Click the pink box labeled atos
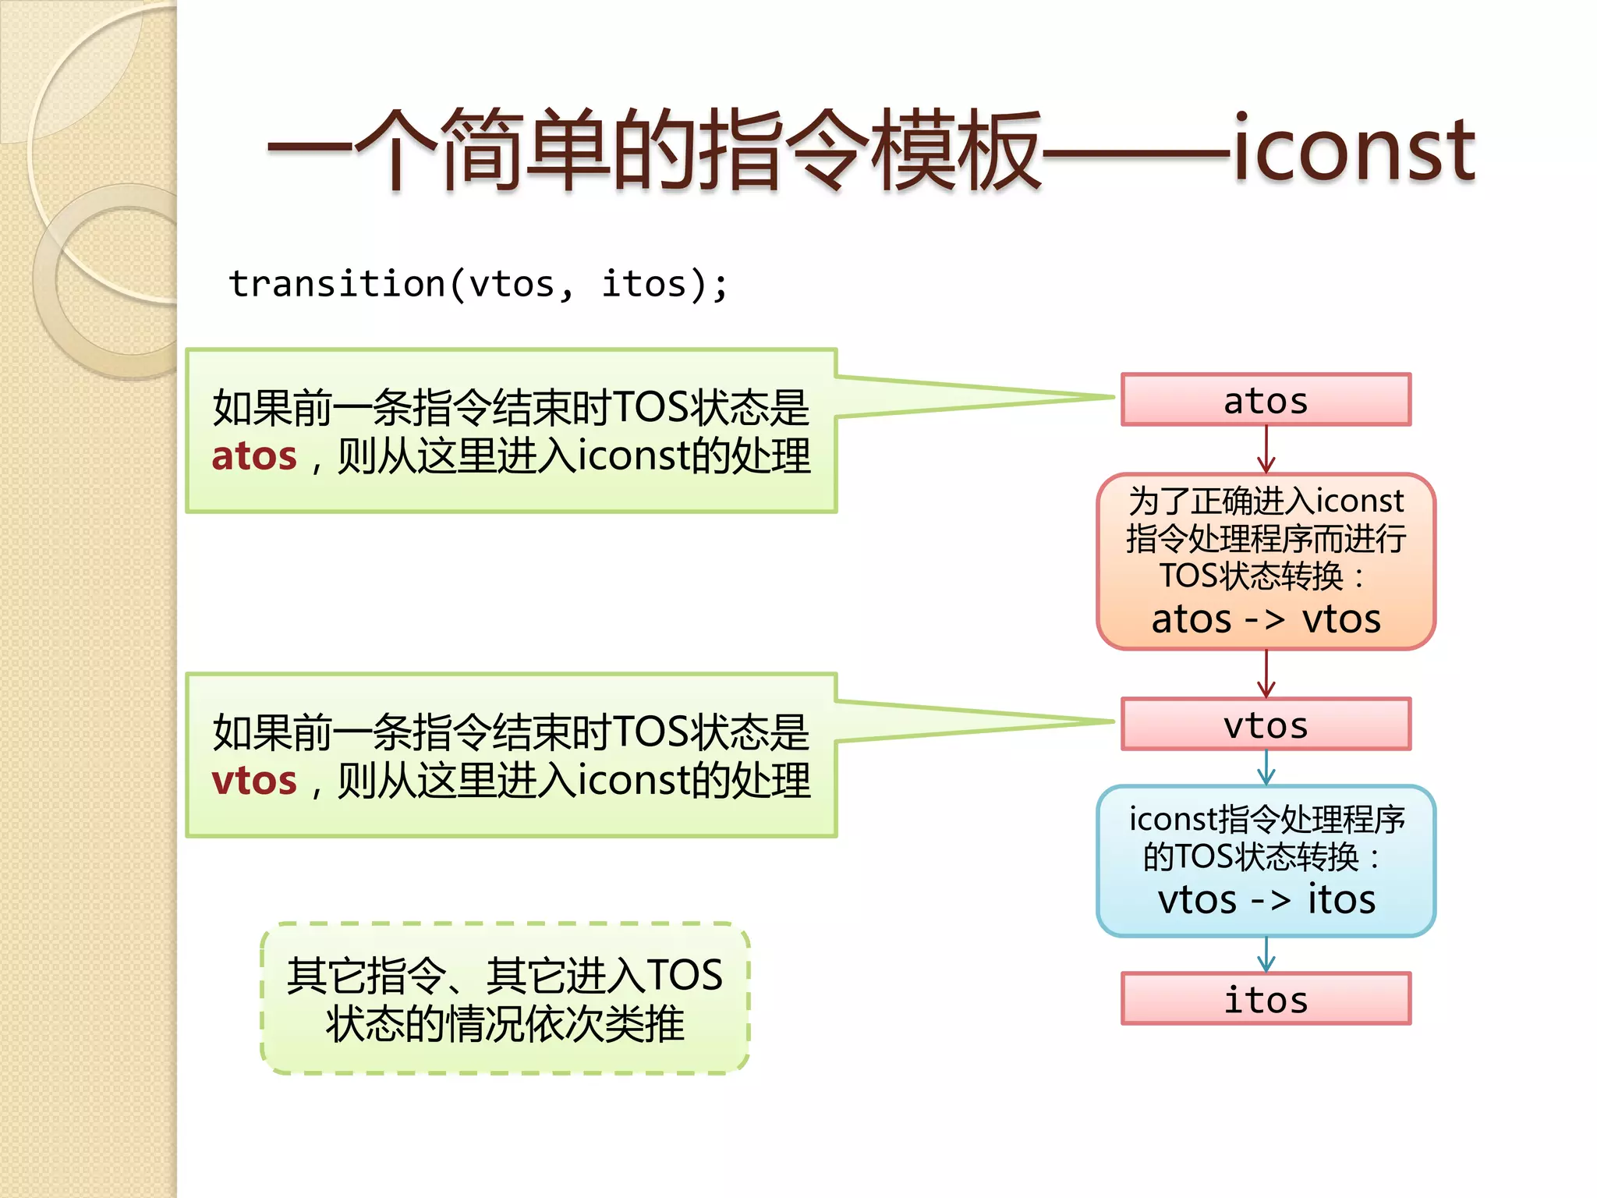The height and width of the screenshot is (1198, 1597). pos(1266,400)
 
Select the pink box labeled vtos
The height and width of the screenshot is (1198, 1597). pos(1266,725)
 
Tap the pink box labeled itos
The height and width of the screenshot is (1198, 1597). pos(1266,999)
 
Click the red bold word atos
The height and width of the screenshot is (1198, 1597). pos(254,456)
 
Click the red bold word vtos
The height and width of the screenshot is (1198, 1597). pos(254,781)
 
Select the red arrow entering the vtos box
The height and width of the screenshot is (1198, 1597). pos(1266,674)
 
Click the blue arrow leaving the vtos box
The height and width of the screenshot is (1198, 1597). pos(1266,767)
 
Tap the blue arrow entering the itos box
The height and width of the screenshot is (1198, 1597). pos(1266,955)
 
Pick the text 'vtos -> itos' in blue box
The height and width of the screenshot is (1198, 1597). pos(1266,900)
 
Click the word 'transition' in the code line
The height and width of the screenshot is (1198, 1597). pos(336,285)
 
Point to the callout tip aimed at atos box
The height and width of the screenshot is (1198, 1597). pos(1107,398)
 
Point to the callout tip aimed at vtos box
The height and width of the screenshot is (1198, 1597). pos(1107,722)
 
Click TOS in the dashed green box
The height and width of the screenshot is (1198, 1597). pos(684,976)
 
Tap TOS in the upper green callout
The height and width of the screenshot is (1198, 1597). pos(650,408)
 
